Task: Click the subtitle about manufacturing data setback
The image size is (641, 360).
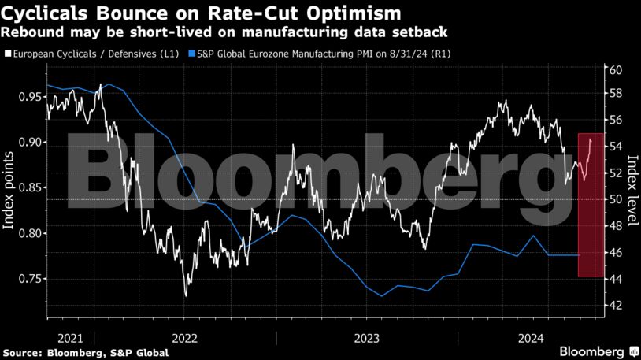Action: [224, 33]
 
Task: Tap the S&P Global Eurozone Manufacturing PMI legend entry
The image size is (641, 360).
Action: [324, 54]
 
